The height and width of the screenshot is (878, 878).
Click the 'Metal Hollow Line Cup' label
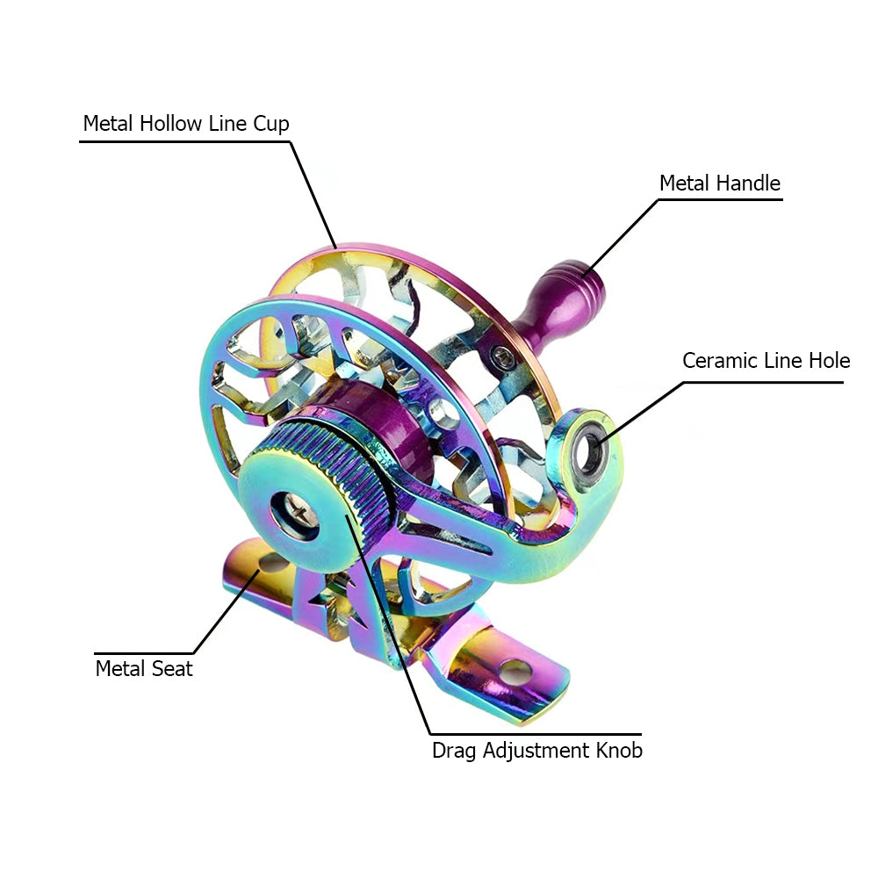click(x=186, y=124)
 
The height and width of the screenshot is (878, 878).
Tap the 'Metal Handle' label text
click(x=719, y=184)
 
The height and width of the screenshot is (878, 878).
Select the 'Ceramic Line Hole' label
click(x=766, y=361)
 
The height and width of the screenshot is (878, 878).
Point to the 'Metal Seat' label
click(x=144, y=668)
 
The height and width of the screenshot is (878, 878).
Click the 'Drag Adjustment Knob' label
click(x=536, y=751)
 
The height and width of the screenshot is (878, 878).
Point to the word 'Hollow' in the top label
click(x=172, y=124)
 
